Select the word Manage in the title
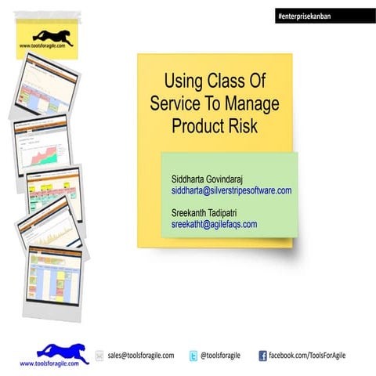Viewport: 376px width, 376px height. tap(251, 103)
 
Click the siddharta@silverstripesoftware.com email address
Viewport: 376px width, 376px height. tap(231, 190)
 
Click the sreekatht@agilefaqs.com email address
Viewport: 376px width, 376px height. tap(214, 224)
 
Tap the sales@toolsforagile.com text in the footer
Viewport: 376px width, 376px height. tap(141, 356)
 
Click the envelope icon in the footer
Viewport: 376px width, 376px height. tap(99, 356)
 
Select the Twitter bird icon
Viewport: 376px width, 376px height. tap(193, 356)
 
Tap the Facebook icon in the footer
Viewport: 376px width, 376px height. tap(262, 356)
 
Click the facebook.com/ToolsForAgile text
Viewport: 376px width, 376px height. tap(307, 356)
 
